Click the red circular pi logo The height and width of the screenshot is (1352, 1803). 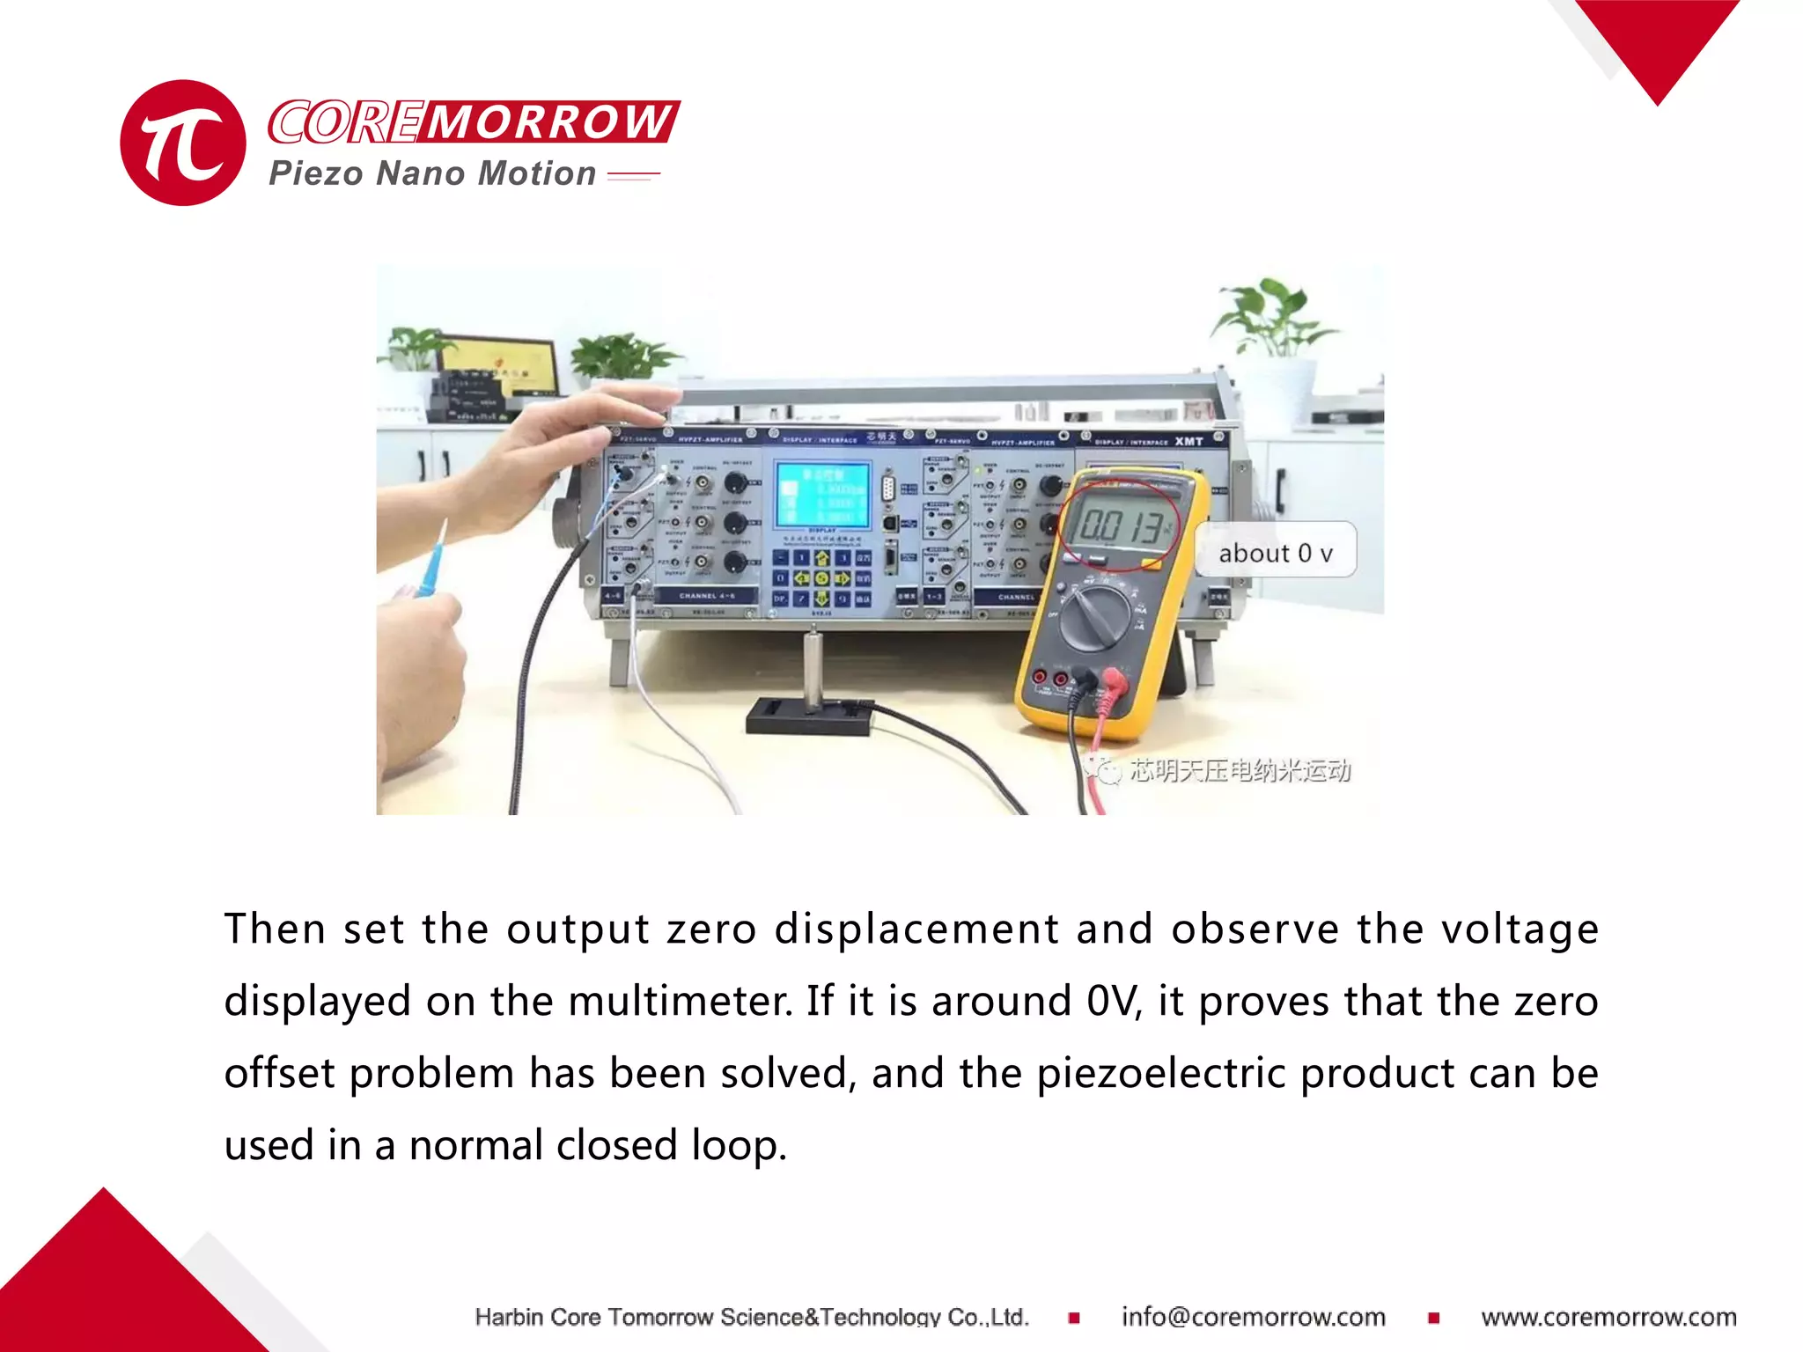click(x=183, y=143)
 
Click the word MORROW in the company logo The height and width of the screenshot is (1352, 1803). click(x=550, y=121)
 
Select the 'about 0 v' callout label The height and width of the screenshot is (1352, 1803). click(x=1275, y=553)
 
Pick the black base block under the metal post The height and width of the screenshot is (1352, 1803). click(x=809, y=716)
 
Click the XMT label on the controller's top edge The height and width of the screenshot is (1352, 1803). click(x=1189, y=441)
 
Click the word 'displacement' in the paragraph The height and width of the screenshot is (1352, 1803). click(x=916, y=929)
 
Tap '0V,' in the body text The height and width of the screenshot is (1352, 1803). click(x=1115, y=1002)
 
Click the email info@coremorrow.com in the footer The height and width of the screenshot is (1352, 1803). click(x=1253, y=1317)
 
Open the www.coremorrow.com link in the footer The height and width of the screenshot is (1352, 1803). click(x=1608, y=1317)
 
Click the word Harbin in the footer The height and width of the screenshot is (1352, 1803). click(x=509, y=1317)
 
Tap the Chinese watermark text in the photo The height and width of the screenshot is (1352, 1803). click(x=1239, y=771)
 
